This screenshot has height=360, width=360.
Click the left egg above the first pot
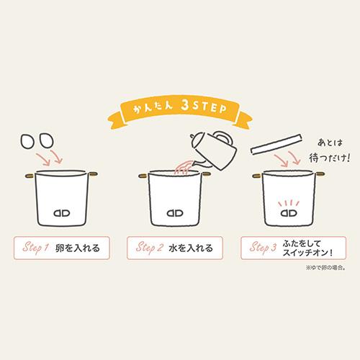[27, 141]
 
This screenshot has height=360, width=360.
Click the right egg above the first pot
[46, 140]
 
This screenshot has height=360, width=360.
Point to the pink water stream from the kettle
[184, 168]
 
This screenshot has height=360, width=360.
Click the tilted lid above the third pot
[276, 144]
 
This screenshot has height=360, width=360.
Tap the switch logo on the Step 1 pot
[62, 213]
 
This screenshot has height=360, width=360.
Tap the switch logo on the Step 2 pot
[175, 213]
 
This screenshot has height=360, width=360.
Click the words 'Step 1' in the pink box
[36, 248]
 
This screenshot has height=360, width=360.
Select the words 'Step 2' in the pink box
[150, 248]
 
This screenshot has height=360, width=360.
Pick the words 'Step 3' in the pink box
[263, 248]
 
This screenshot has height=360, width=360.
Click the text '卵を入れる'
[77, 248]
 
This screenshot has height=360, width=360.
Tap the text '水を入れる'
[191, 248]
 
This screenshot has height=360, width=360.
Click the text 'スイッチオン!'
[307, 253]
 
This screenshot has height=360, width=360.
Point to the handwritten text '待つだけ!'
[329, 158]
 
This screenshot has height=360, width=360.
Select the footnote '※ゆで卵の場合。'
[325, 268]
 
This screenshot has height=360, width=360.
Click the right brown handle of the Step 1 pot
[93, 174]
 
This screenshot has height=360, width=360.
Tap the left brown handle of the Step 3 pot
[258, 176]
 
